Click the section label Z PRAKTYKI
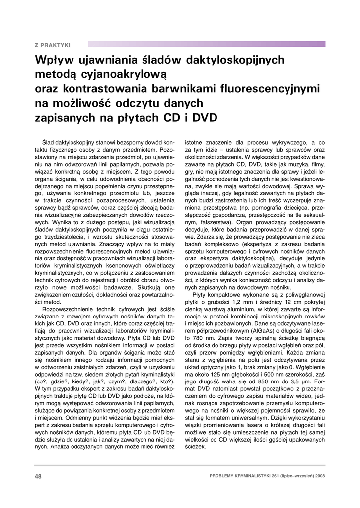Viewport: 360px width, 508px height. coord(52,45)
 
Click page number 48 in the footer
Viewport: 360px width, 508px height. coord(38,476)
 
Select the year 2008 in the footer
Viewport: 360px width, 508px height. coord(319,476)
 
